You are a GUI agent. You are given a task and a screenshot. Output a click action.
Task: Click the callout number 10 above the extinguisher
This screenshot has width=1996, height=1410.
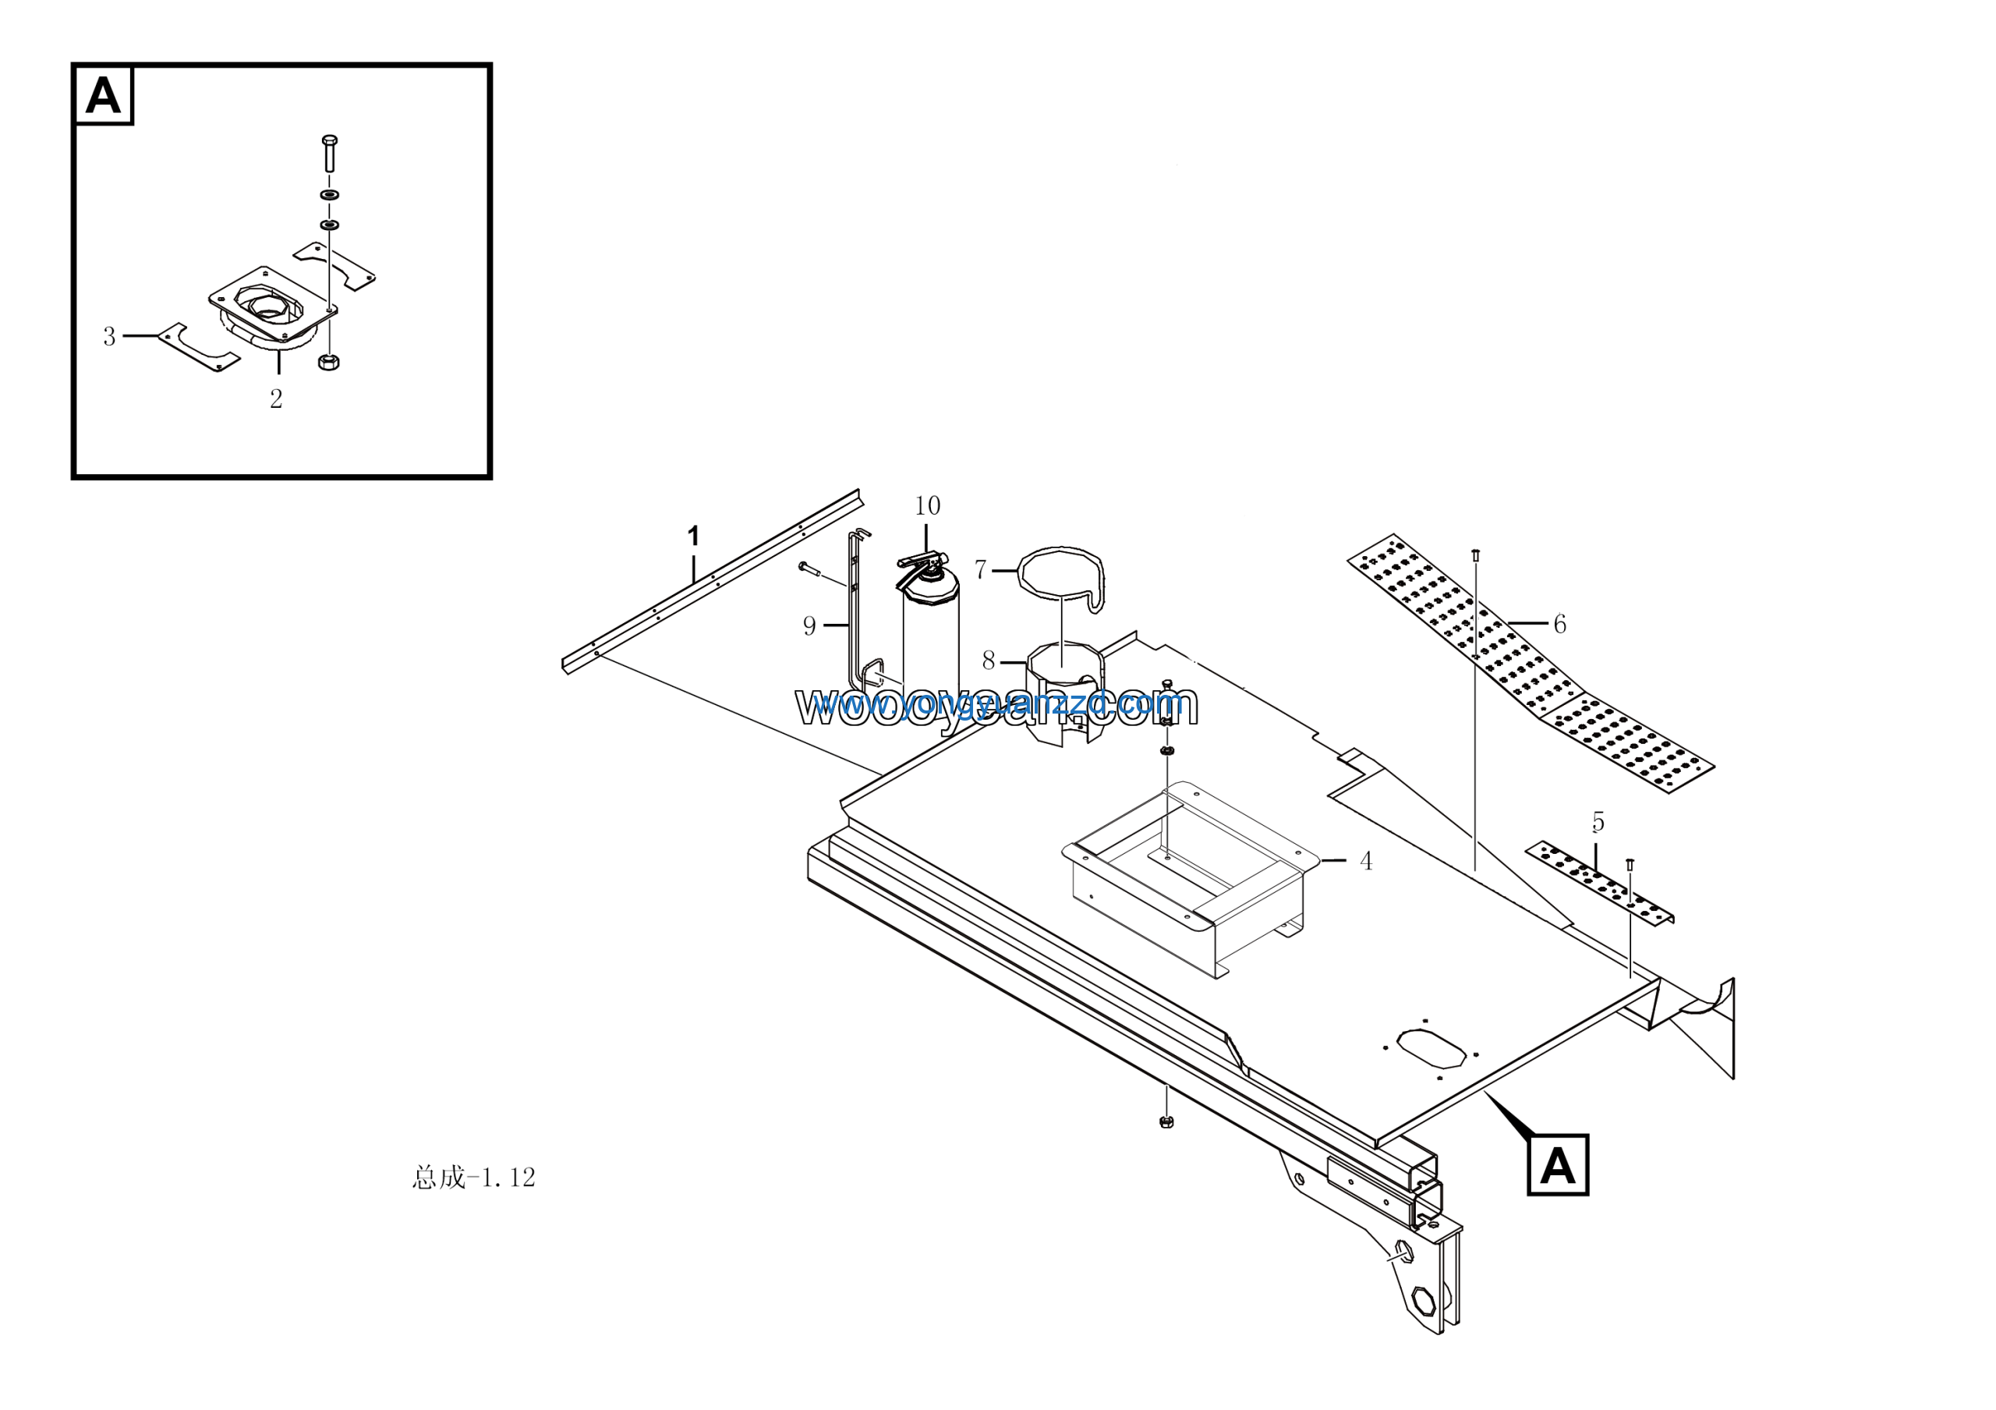pos(927,506)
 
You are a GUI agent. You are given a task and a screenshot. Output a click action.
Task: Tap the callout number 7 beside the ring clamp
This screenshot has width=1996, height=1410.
pos(981,570)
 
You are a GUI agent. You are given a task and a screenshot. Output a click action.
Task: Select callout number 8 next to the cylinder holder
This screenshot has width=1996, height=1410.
pos(989,661)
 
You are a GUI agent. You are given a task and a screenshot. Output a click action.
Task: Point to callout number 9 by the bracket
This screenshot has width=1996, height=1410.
pos(809,626)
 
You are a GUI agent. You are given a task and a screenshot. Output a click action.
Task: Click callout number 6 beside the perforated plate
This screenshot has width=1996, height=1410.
pos(1559,624)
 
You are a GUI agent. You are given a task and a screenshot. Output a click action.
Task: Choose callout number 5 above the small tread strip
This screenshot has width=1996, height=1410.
pos(1598,821)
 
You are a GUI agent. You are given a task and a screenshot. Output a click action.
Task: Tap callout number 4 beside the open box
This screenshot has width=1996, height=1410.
pos(1366,862)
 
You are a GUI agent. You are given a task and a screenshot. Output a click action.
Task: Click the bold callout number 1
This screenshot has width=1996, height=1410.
pos(693,537)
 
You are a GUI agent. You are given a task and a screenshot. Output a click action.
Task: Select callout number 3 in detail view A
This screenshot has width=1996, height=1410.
pos(108,336)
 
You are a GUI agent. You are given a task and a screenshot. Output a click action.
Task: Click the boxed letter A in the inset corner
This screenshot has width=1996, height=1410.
pos(104,94)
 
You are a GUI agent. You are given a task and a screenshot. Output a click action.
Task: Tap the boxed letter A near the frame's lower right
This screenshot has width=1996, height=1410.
pos(1557,1166)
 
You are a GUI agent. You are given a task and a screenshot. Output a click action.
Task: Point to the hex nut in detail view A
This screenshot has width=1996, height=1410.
pos(328,362)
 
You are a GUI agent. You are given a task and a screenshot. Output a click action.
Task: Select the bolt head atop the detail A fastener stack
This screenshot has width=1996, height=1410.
pos(328,139)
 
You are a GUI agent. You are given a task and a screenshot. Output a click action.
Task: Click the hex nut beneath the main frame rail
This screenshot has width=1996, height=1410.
pos(1166,1122)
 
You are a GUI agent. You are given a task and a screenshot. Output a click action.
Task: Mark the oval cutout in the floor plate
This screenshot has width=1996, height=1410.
pos(1431,1048)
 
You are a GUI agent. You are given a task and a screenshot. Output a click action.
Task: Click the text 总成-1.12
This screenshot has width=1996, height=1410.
pos(474,1178)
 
